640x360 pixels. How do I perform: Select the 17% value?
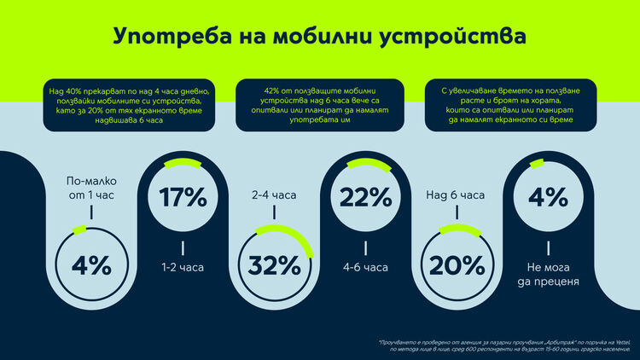[x=183, y=197]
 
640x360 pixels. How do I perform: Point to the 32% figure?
[x=274, y=266]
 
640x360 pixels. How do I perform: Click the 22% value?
[x=365, y=197]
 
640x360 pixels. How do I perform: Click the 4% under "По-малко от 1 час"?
[x=91, y=266]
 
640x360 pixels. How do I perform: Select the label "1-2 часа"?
[x=183, y=267]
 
